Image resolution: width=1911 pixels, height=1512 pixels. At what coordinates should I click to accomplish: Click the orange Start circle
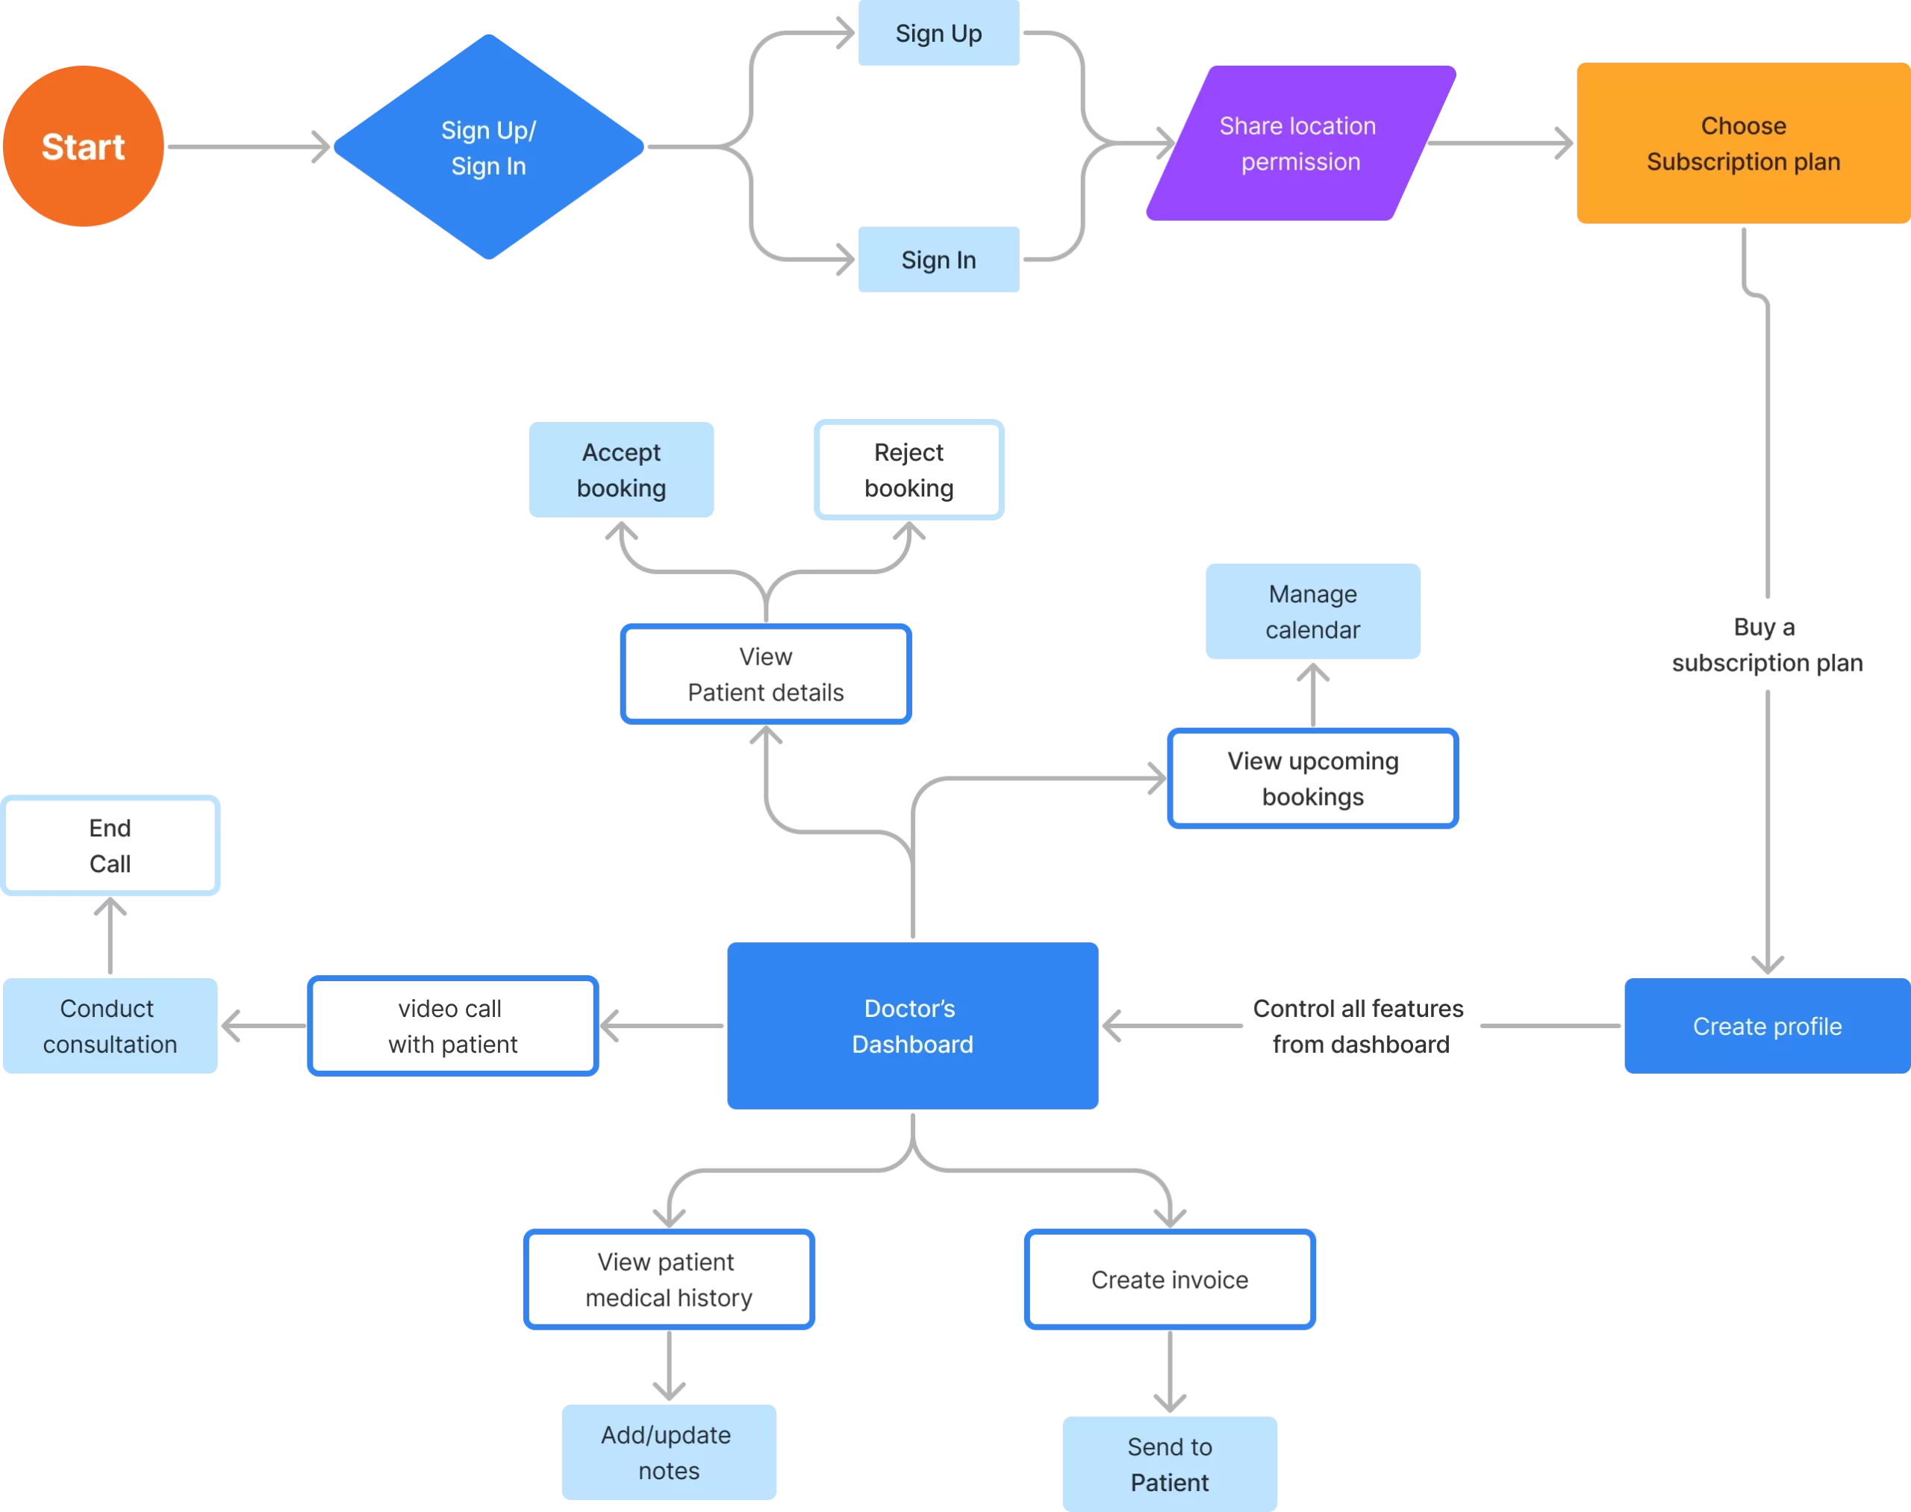[x=83, y=146]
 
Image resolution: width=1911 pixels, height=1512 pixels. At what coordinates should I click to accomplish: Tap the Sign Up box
[x=938, y=34]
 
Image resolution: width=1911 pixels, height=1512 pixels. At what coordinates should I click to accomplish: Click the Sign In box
[x=938, y=259]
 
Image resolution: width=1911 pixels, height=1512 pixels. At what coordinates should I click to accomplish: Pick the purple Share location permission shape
[x=1300, y=143]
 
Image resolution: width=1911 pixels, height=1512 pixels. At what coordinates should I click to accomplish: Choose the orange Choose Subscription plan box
[x=1742, y=143]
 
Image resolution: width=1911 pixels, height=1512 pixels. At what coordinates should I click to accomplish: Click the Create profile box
[x=1766, y=1025]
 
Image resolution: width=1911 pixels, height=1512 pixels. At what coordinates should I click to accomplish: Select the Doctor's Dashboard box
[x=911, y=1025]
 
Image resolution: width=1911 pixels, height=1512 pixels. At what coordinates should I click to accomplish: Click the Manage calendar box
[x=1312, y=611]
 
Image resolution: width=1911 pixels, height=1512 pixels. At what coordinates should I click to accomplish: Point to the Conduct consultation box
[x=110, y=1025]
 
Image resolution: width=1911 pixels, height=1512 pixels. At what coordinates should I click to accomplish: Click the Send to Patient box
[x=1168, y=1463]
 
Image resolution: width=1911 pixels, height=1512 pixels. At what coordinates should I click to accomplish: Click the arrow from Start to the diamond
[x=248, y=146]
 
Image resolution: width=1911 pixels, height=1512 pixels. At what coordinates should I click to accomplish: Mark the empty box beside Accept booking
[x=908, y=469]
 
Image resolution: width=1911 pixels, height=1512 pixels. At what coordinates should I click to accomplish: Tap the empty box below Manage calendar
[x=1312, y=778]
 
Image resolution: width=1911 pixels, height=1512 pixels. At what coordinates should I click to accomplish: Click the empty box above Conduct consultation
[x=110, y=845]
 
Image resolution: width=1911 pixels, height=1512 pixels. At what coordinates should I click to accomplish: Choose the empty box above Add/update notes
[x=668, y=1278]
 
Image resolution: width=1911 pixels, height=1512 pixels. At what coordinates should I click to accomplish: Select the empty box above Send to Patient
[x=1168, y=1278]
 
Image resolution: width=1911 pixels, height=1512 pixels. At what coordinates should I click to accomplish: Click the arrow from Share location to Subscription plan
[x=1500, y=143]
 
